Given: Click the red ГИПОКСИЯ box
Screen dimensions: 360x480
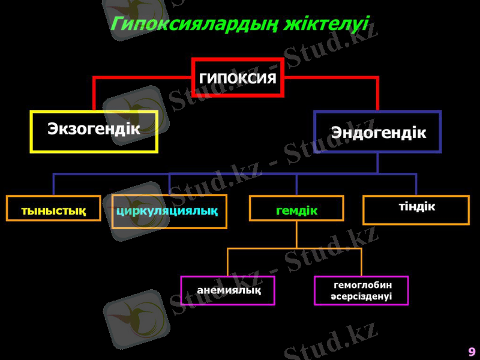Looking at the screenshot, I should tap(238, 77).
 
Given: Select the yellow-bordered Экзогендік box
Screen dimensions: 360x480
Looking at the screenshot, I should tap(94, 131).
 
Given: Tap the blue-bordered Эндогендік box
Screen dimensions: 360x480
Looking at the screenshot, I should tap(377, 131).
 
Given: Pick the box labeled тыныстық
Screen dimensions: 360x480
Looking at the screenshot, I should tap(53, 209).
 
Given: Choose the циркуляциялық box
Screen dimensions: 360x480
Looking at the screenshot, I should tap(169, 211).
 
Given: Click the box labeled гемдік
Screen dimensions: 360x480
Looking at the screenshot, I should tap(296, 209).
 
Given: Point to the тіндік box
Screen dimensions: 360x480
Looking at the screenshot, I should tap(416, 210).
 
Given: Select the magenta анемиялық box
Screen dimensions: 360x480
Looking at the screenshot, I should tap(228, 290).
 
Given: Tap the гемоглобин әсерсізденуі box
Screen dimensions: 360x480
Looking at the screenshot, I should tap(361, 290).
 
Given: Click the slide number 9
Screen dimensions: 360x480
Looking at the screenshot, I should tap(472, 352).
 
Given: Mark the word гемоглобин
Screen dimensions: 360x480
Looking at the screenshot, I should tap(362, 285).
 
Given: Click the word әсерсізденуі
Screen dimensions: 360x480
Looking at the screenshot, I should tap(362, 296).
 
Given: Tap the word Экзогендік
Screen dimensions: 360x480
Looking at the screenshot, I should tap(94, 128).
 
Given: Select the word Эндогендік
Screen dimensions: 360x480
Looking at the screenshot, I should tap(379, 133).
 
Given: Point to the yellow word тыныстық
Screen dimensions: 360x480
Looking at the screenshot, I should tap(53, 211).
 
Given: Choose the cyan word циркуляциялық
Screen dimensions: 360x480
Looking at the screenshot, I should tap(167, 211).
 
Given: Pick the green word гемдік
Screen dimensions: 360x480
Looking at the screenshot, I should tap(296, 211).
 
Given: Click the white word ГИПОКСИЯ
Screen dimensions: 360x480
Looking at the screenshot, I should tap(238, 78).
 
